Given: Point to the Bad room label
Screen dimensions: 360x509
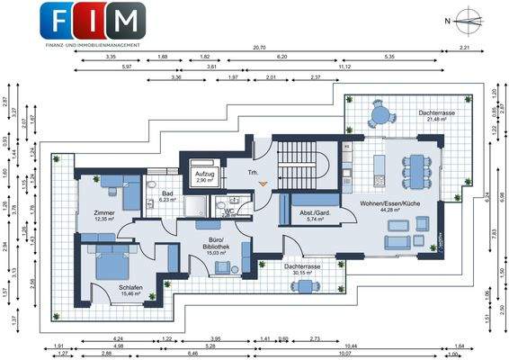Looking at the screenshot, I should point(166,195).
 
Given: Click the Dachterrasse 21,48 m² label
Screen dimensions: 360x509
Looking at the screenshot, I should point(435,116).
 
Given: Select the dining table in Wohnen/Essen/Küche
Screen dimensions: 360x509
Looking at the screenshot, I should point(415,166).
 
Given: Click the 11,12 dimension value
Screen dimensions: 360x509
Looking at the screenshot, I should point(344,67).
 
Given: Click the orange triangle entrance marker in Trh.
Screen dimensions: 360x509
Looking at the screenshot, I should point(263,184).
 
